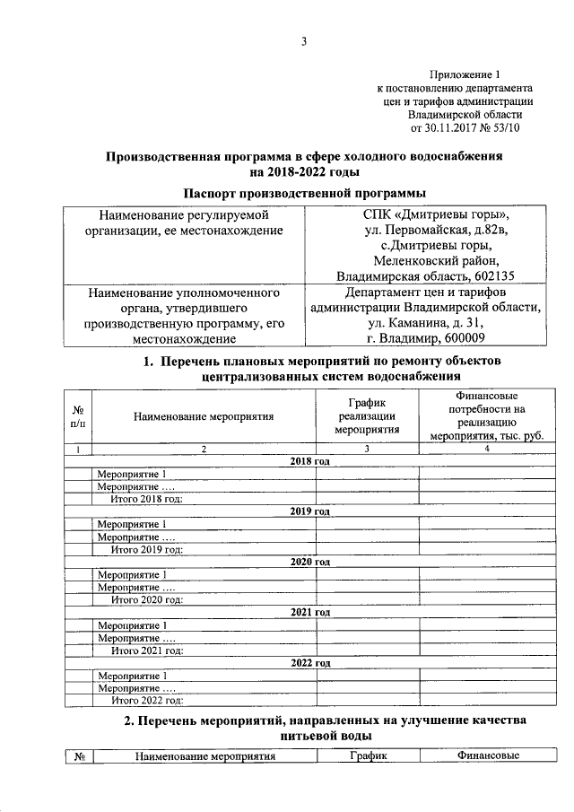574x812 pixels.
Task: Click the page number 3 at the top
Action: pyautogui.click(x=304, y=40)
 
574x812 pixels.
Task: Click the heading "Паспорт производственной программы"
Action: pyautogui.click(x=304, y=194)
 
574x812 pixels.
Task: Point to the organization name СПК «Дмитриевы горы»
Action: pyautogui.click(x=426, y=215)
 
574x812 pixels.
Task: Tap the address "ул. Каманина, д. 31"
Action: pyautogui.click(x=425, y=323)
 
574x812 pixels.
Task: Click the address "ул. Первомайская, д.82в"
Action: pyautogui.click(x=425, y=231)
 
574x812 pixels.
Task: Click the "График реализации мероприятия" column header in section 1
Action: pyautogui.click(x=367, y=415)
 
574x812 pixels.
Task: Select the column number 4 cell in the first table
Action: pyautogui.click(x=485, y=449)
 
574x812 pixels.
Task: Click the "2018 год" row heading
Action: pyautogui.click(x=310, y=461)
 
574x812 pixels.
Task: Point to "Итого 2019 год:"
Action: pyautogui.click(x=147, y=548)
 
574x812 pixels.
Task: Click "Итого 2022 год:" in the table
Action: pyautogui.click(x=147, y=700)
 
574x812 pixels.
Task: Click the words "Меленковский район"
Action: pyautogui.click(x=425, y=260)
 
